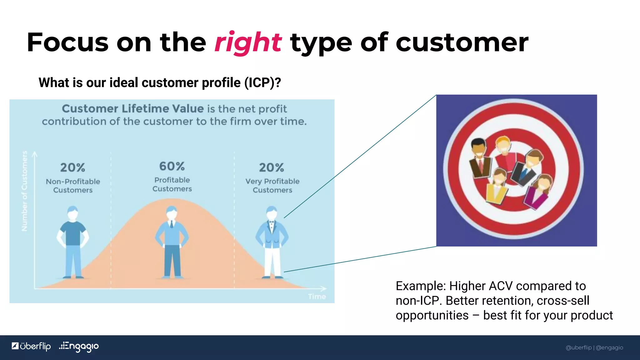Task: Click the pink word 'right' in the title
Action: coord(248,43)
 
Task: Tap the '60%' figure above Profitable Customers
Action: coord(172,166)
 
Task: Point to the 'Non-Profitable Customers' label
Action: coord(73,186)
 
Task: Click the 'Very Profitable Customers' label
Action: coord(272,186)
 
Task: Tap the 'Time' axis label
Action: coord(317,297)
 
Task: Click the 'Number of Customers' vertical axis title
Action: coord(24,191)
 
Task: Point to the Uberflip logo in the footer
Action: coord(31,347)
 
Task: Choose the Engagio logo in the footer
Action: coord(79,347)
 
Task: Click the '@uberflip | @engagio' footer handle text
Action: coord(594,347)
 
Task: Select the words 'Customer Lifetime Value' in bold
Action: coord(132,109)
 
